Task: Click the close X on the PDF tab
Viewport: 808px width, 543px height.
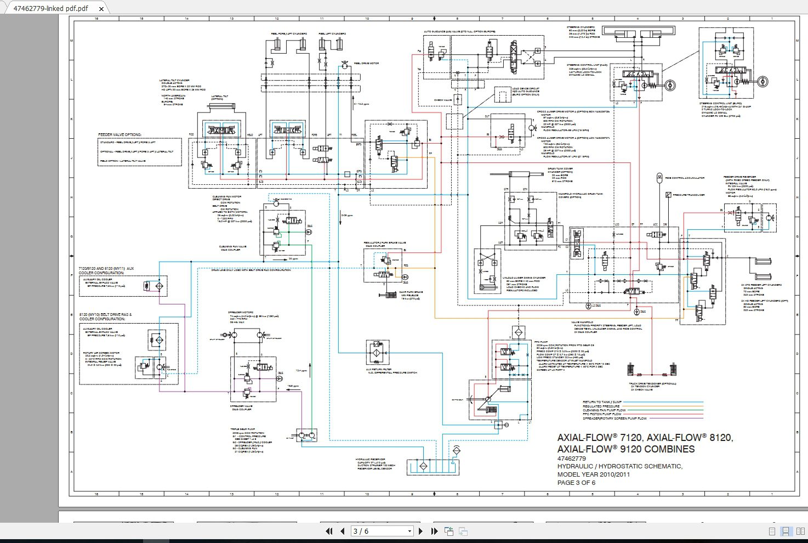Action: (101, 9)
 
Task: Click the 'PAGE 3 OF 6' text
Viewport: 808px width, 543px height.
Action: (576, 483)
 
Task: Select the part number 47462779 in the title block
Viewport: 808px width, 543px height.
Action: (571, 459)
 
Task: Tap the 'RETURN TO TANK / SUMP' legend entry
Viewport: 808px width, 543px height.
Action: (602, 402)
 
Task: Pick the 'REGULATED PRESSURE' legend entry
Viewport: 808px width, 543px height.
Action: (601, 406)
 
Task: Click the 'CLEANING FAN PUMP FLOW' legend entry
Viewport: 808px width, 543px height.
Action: (604, 410)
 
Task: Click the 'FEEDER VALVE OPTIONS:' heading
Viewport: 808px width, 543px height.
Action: (120, 134)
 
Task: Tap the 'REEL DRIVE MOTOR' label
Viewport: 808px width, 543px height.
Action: (366, 64)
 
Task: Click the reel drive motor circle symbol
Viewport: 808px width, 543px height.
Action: (344, 65)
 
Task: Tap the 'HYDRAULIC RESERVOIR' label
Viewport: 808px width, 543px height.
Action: (370, 459)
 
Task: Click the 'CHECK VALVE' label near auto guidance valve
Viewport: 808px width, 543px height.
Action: (442, 100)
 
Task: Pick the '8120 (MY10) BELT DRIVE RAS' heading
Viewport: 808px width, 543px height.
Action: (106, 315)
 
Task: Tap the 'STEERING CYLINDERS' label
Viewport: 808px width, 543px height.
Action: (581, 27)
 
